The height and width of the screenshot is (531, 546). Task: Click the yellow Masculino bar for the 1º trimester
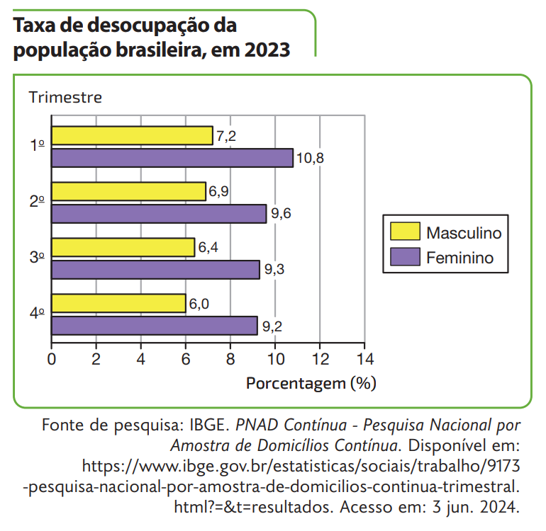132,135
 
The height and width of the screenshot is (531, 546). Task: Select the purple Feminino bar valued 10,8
172,158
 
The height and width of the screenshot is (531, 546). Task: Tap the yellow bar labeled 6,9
128,191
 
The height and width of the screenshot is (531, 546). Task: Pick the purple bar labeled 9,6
159,214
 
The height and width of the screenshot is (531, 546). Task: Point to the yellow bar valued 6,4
123,247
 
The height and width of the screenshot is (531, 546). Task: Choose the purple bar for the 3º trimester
155,270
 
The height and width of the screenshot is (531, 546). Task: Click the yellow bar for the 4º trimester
118,303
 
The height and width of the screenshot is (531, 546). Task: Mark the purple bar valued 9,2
154,326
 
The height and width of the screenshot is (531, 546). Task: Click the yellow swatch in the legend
405,232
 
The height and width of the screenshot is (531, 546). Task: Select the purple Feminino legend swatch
405,257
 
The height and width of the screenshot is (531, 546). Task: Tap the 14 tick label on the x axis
364,358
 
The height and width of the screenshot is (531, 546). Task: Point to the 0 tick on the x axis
52,358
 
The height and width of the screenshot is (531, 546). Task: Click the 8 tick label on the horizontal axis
230,358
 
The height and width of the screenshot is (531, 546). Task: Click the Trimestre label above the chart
65,98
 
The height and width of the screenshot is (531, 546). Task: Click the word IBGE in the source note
208,426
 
